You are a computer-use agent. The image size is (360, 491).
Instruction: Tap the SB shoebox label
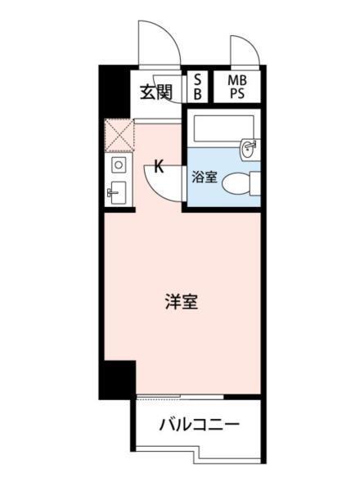coord(197,86)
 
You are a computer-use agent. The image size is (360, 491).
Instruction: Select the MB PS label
coord(236,86)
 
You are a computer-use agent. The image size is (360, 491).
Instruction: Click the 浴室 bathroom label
coord(204,175)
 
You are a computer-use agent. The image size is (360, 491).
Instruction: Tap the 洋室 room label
coord(180,301)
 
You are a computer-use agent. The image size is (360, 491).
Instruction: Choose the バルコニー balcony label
coord(199,425)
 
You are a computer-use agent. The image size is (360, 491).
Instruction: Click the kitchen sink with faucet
coord(116,195)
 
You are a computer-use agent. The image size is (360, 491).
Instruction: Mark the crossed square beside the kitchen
coord(118,135)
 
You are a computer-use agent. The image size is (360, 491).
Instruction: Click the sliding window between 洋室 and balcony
coord(179,399)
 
